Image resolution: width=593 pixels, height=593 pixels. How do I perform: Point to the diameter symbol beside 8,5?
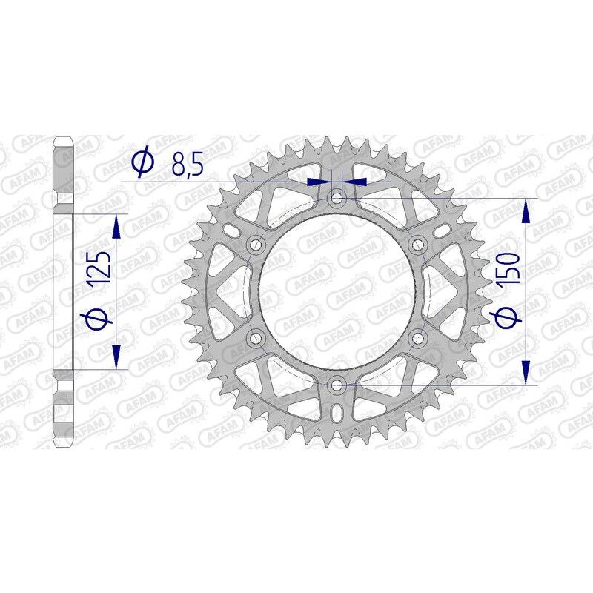click(142, 161)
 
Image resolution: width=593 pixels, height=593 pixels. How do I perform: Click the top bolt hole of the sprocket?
click(337, 198)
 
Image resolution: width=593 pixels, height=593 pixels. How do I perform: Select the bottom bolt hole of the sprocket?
click(337, 385)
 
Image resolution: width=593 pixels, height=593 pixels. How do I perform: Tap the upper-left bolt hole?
click(256, 245)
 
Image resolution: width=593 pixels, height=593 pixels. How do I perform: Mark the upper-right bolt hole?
click(418, 245)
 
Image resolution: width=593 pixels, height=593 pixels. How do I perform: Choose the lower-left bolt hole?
click(256, 338)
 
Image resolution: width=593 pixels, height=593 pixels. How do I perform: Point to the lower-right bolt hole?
click(418, 338)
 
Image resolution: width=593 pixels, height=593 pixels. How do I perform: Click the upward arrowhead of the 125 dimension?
click(116, 226)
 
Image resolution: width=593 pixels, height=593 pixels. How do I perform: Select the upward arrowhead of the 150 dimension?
click(527, 211)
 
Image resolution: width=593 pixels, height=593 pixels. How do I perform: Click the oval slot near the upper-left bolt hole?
click(233, 232)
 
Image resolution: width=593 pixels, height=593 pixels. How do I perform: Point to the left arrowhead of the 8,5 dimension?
click(317, 180)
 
